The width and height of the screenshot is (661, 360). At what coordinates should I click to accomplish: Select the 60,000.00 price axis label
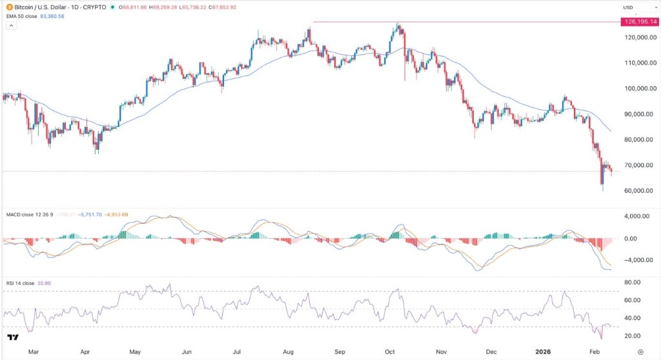(633, 191)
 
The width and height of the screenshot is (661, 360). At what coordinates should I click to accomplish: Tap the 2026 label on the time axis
(541, 352)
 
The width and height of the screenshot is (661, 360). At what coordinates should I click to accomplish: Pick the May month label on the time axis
(135, 352)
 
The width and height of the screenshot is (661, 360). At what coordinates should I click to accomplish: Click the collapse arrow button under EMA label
(11, 25)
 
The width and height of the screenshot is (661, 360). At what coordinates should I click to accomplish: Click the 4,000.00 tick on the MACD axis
(633, 216)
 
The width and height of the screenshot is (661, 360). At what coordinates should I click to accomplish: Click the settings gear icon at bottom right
(639, 352)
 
